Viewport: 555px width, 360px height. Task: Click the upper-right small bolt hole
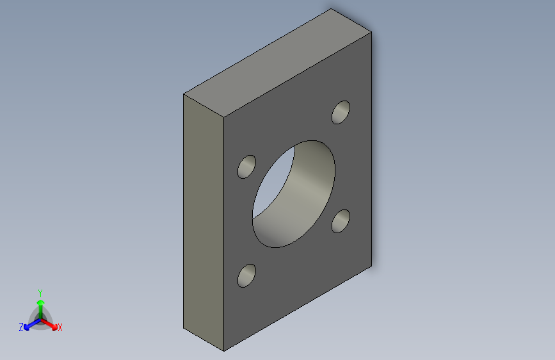click(341, 112)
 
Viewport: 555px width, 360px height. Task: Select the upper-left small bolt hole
click(246, 167)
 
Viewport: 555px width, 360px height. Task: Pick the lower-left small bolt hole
click(246, 275)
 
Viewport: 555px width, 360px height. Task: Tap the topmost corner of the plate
click(331, 9)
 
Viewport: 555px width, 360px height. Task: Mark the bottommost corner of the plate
click(224, 351)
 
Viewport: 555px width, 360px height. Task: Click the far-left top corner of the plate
click(184, 94)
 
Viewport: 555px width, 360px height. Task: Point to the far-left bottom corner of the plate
click(184, 328)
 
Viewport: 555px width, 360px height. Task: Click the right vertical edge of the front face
click(372, 147)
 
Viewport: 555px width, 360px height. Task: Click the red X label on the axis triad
click(60, 328)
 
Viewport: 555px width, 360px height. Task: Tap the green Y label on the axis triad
click(40, 291)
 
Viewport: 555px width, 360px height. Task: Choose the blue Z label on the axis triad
click(21, 327)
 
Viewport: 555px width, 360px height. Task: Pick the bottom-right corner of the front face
click(372, 265)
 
